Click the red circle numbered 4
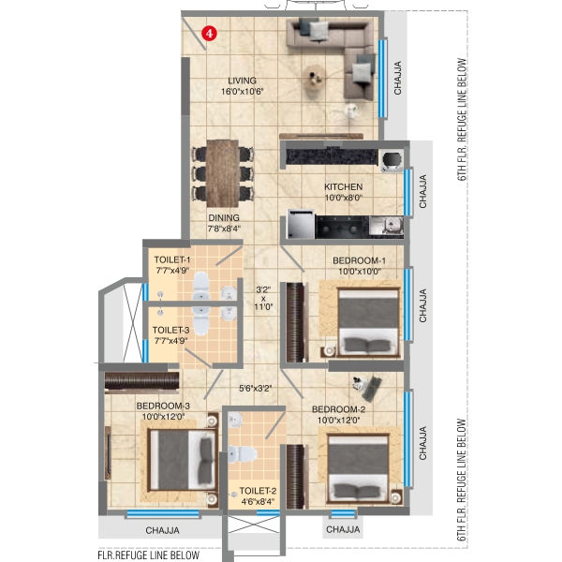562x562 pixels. click(x=209, y=34)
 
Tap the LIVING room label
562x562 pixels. click(x=243, y=81)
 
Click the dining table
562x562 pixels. click(x=223, y=173)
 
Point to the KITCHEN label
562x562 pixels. click(x=344, y=186)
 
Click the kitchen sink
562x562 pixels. click(x=386, y=227)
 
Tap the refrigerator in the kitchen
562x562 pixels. click(x=301, y=224)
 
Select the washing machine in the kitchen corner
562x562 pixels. click(x=392, y=160)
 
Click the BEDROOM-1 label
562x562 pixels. click(x=359, y=260)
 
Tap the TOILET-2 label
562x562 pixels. click(x=258, y=491)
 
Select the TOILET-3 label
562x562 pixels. click(x=170, y=330)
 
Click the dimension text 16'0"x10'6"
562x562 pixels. click(x=243, y=92)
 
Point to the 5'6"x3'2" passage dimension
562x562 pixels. click(x=256, y=388)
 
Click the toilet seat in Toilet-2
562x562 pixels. click(x=243, y=453)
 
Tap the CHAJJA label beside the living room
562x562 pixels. click(x=397, y=78)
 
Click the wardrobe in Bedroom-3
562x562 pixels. click(x=142, y=381)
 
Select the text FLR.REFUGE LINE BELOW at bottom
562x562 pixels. click(x=148, y=555)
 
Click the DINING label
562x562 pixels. click(x=224, y=217)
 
